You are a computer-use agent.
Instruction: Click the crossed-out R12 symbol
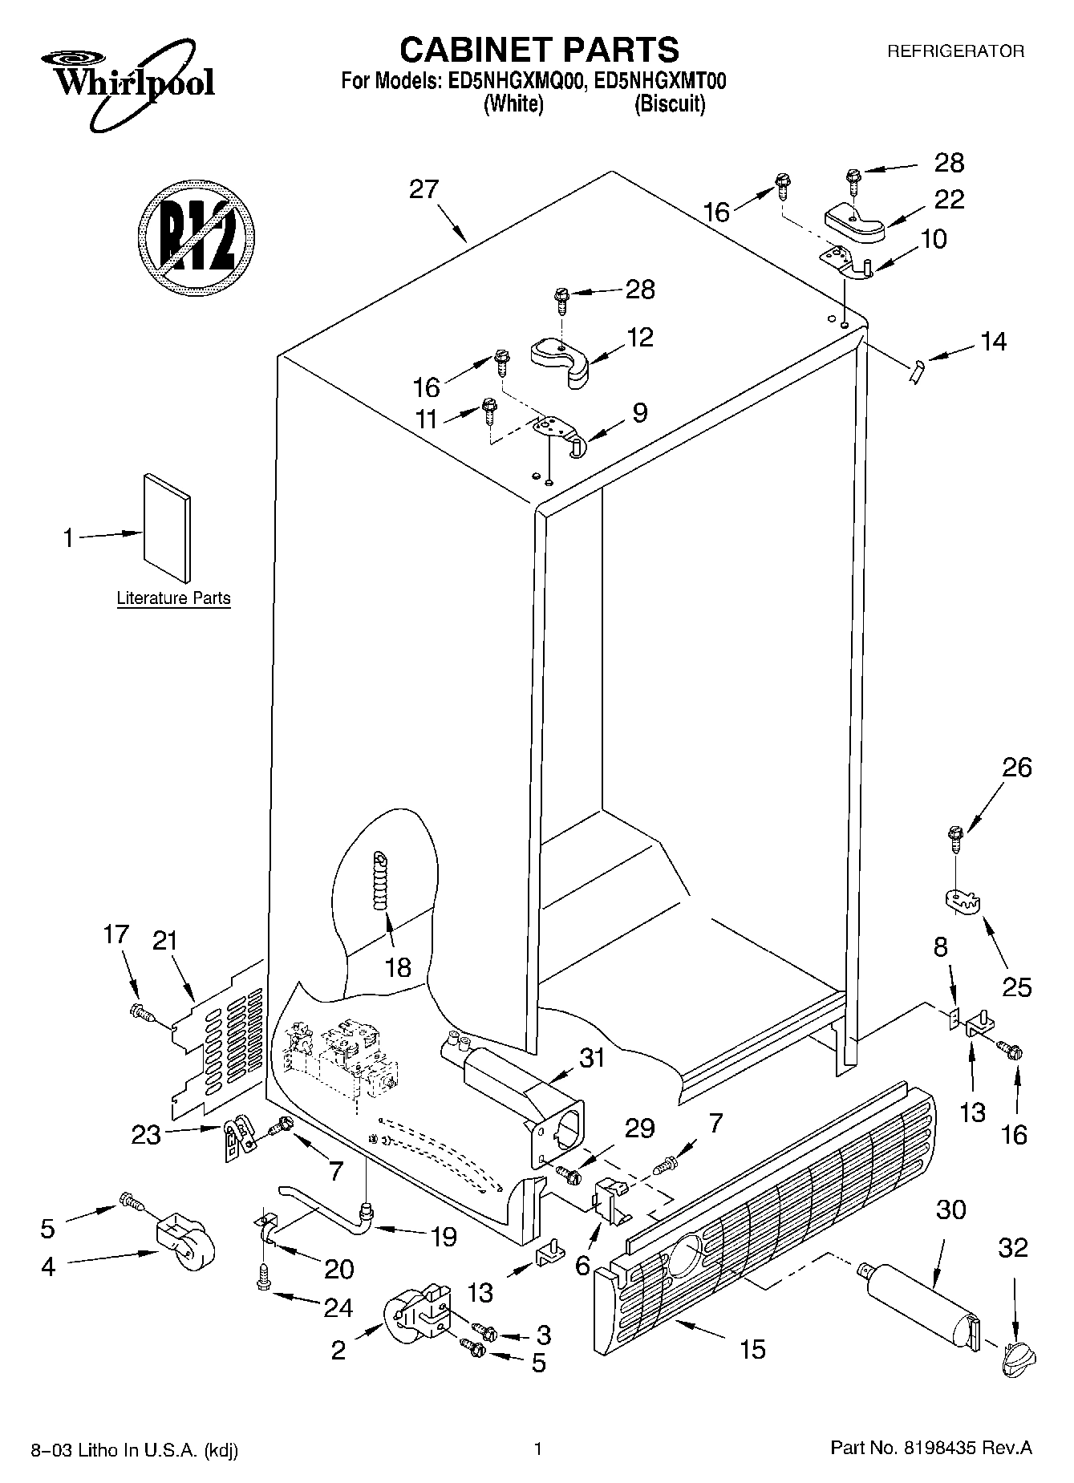(196, 237)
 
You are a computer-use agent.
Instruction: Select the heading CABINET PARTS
(539, 50)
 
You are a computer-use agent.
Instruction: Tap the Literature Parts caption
(173, 598)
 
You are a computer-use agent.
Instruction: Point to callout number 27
(424, 189)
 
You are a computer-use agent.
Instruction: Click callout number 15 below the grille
(752, 1349)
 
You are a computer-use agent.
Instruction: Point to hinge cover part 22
(854, 221)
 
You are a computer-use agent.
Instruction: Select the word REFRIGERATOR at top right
(955, 51)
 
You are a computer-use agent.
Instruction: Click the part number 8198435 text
(930, 1449)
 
